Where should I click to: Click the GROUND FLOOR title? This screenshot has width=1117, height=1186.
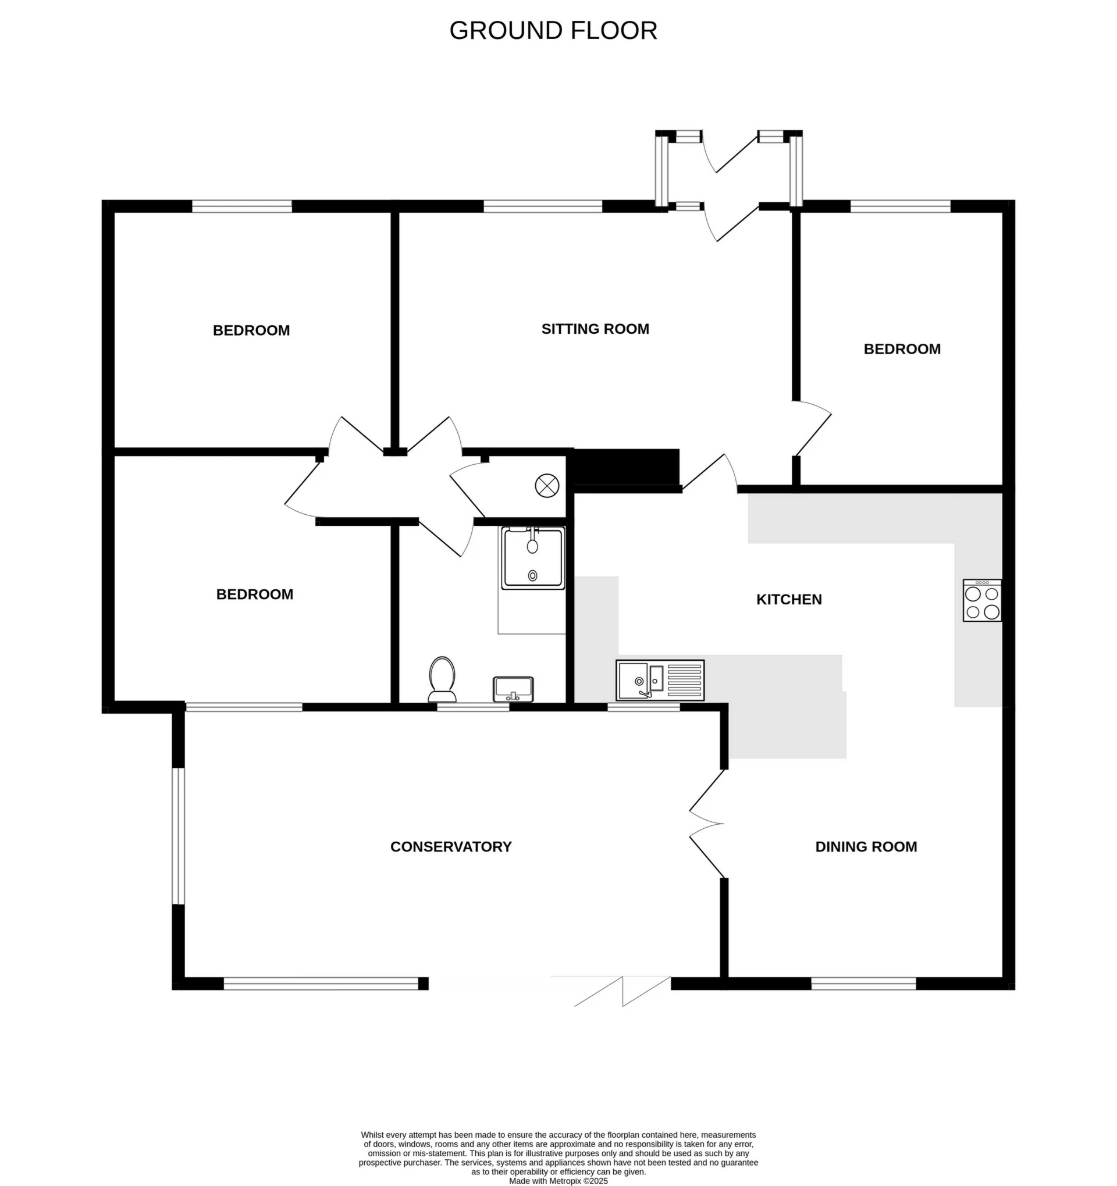[553, 30]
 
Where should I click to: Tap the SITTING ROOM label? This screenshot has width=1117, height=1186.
[595, 329]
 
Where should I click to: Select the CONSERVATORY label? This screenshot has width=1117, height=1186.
[450, 846]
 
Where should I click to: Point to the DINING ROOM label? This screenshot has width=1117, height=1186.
[866, 846]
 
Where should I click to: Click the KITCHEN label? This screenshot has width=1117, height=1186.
[789, 600]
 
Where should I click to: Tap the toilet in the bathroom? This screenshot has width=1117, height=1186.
[442, 679]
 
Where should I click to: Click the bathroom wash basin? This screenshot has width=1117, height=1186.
[513, 689]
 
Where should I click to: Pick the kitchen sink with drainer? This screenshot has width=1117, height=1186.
[660, 680]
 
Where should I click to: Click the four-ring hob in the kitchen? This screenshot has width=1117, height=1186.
[982, 600]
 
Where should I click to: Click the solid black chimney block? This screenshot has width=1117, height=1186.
[625, 467]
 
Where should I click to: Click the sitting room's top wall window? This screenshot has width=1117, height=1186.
[542, 206]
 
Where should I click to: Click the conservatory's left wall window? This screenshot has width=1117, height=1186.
[178, 836]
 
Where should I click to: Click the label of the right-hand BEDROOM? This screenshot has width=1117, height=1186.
[902, 349]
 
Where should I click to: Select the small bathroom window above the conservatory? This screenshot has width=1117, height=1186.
[472, 707]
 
